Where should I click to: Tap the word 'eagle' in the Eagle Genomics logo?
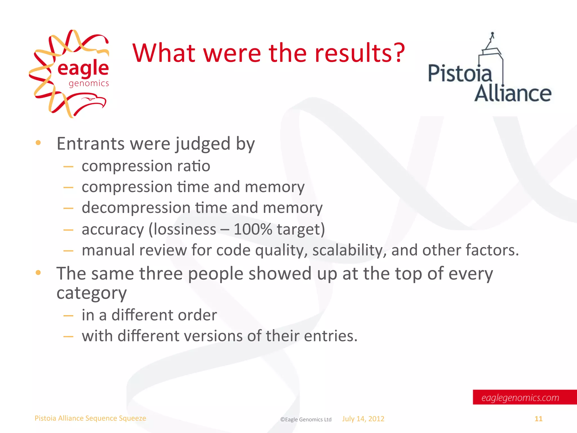tap(83, 69)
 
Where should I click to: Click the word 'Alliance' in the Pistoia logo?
tap(513, 94)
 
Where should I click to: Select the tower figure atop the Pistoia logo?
tap(492, 45)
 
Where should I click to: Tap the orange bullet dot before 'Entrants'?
tap(38, 143)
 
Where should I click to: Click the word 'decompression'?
tap(136, 208)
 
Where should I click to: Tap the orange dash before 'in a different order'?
tap(68, 316)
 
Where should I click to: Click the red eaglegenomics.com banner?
tap(524, 397)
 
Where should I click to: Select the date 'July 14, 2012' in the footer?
tap(363, 419)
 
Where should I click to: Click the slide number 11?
tap(538, 419)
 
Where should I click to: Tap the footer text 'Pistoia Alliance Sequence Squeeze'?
tap(90, 418)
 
